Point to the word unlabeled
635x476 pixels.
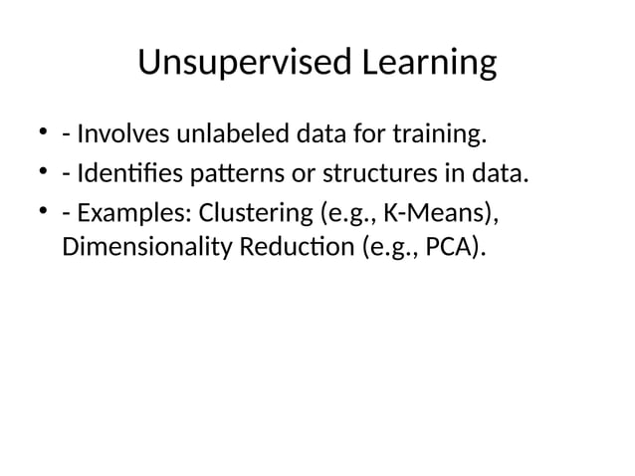[x=222, y=132]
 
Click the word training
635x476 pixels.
[x=440, y=132]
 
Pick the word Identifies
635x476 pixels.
[x=128, y=175]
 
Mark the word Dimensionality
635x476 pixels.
[x=145, y=246]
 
